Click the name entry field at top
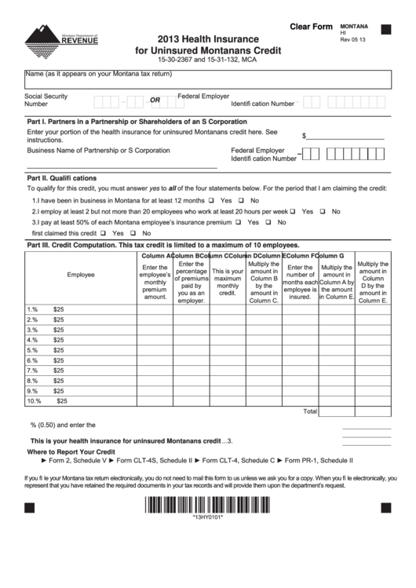click(x=207, y=79)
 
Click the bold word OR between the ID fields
click(x=155, y=100)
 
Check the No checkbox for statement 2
click(x=325, y=211)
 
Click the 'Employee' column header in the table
click(x=81, y=275)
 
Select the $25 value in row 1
click(x=59, y=309)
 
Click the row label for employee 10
click(x=34, y=400)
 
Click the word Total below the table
click(x=310, y=411)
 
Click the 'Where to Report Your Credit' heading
click(x=71, y=452)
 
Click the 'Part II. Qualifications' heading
click(x=62, y=177)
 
